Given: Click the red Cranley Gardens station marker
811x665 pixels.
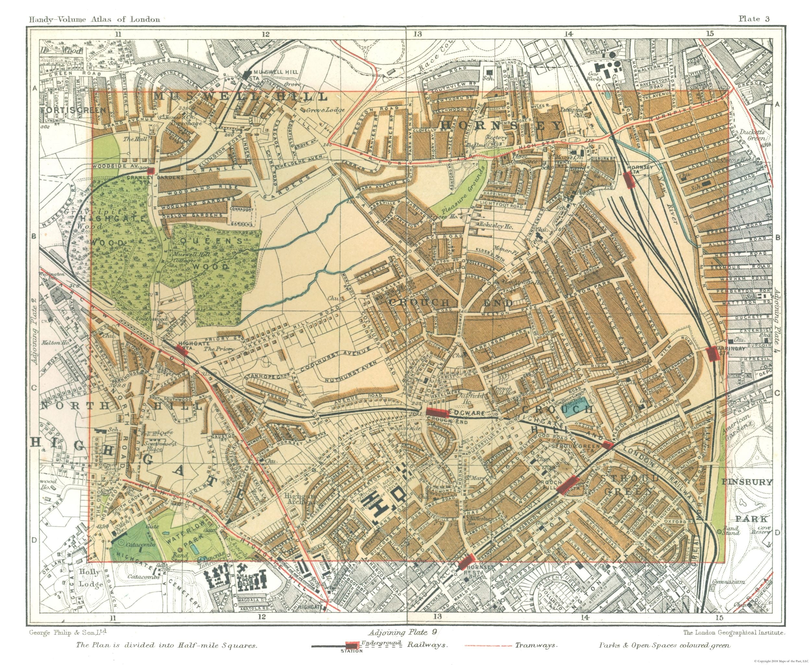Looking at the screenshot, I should (151, 171).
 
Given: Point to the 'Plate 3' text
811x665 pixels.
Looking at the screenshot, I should (754, 19).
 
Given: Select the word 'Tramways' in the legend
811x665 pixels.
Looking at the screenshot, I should (535, 645).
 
